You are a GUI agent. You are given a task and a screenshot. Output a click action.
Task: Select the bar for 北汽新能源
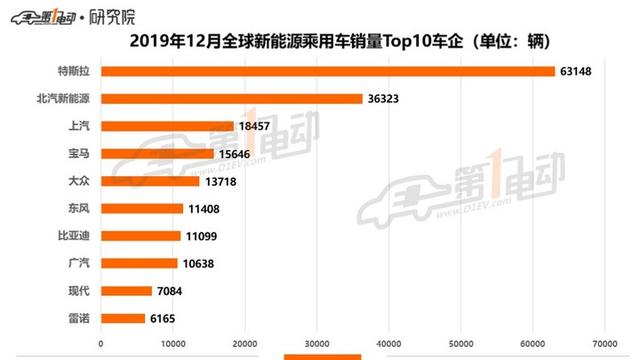point(232,99)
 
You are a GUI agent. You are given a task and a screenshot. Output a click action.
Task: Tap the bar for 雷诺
point(123,318)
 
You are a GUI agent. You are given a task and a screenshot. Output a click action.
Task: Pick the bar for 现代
point(126,291)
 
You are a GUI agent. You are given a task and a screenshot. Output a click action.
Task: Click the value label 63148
point(579,71)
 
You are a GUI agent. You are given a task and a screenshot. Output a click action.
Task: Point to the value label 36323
point(387,99)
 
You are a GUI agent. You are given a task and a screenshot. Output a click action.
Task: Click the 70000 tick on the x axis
point(601,344)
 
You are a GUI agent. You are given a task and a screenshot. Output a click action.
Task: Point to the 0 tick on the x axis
point(102,344)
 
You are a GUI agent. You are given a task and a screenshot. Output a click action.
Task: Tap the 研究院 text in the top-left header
point(113,14)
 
